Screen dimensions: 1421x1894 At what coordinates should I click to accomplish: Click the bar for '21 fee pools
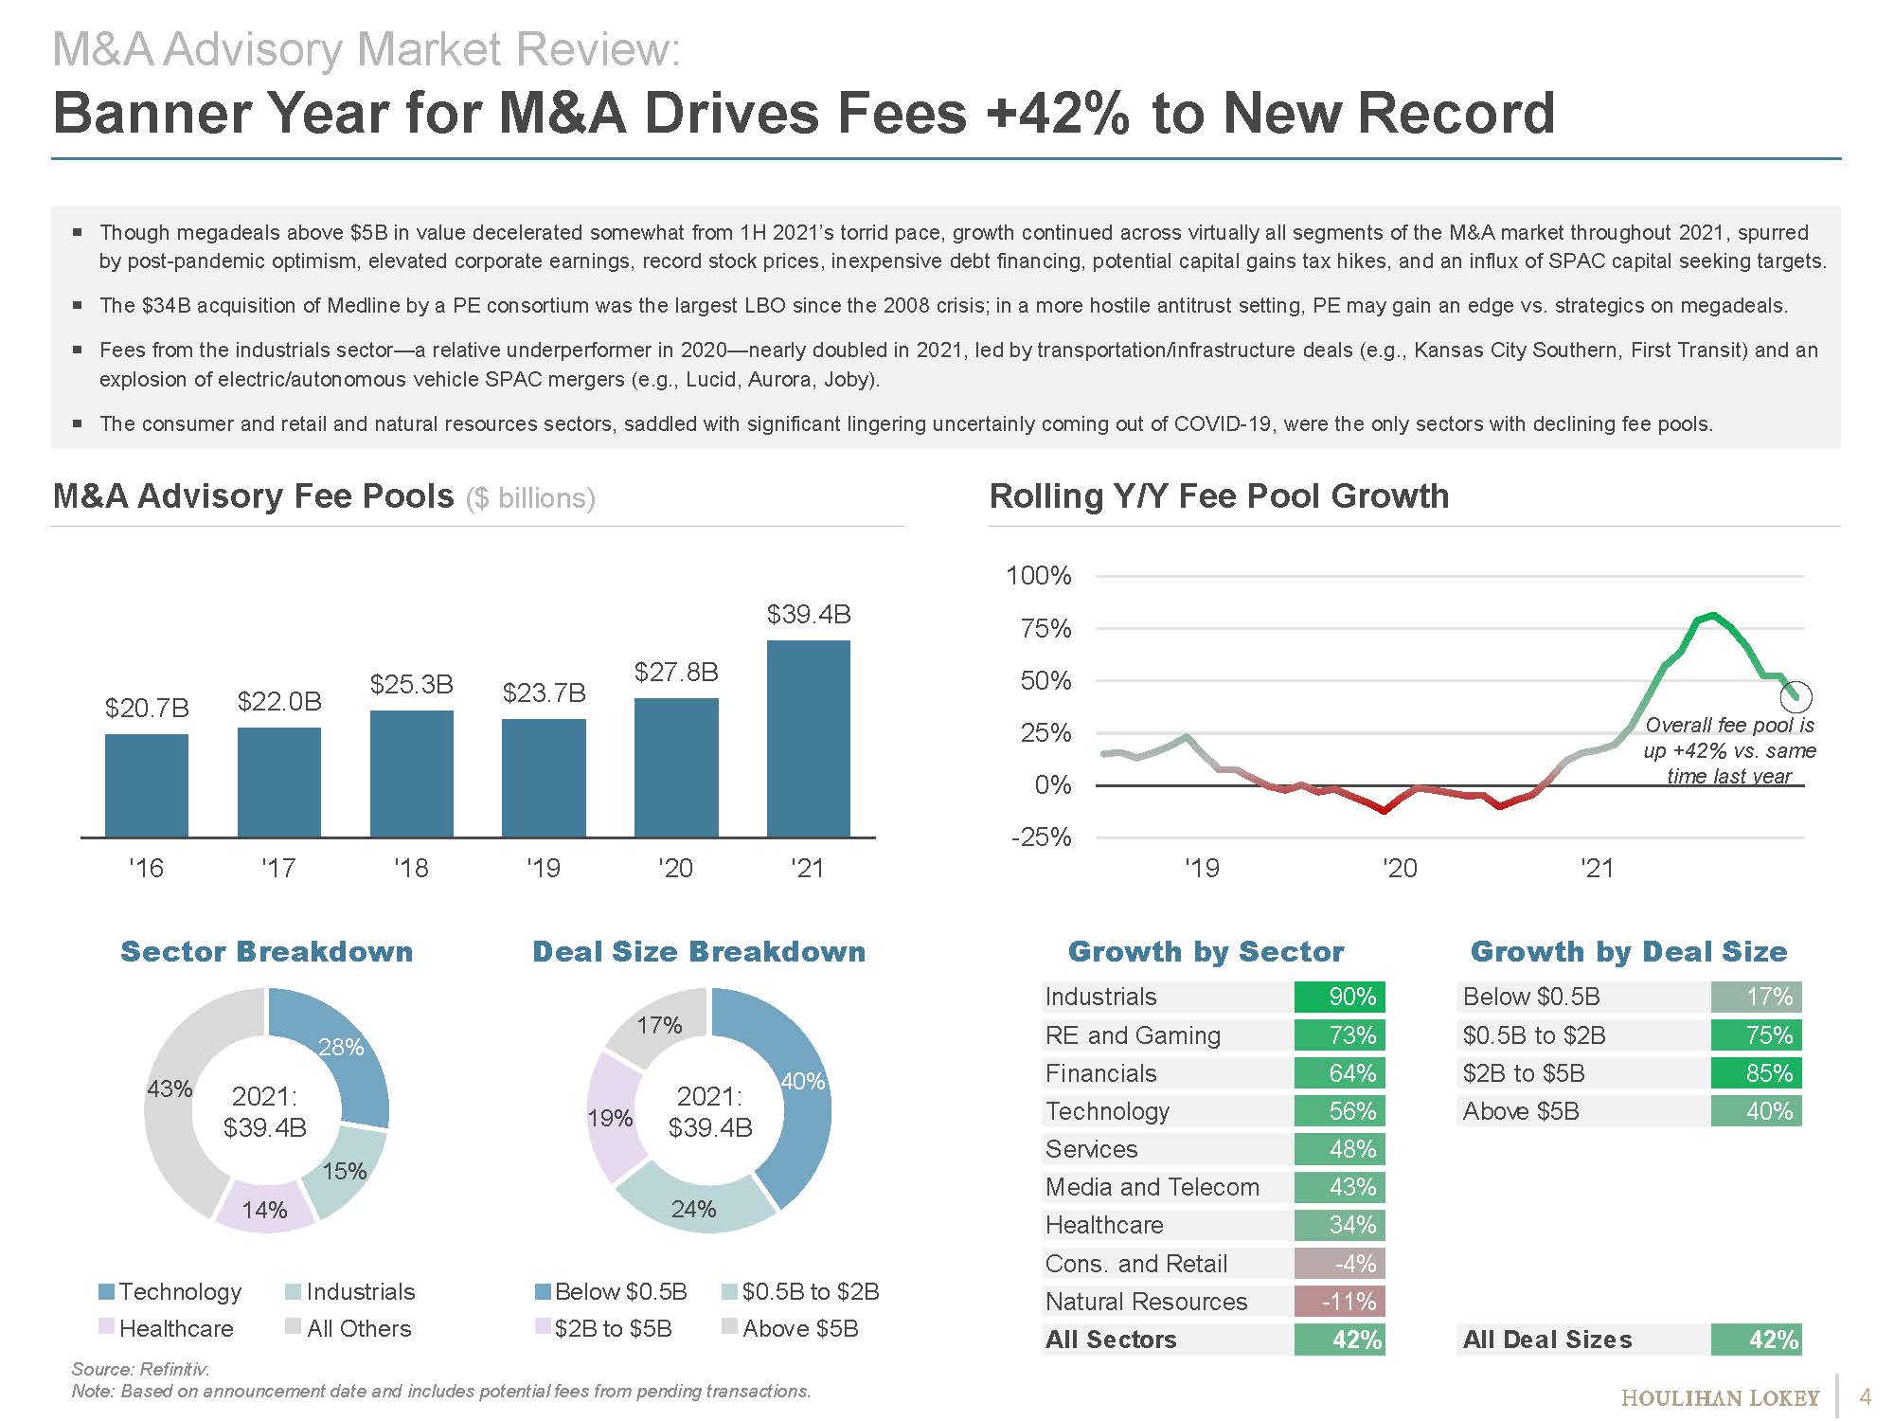click(808, 739)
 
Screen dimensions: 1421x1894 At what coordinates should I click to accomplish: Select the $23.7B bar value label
click(544, 693)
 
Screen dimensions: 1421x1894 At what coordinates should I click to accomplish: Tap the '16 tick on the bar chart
click(146, 868)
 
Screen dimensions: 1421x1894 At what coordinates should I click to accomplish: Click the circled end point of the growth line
click(1796, 697)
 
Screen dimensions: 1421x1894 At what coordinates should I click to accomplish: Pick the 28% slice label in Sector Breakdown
click(341, 1047)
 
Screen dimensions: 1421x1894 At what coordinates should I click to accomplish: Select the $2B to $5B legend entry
click(603, 1328)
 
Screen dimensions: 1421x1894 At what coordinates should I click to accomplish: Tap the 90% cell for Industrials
click(1340, 997)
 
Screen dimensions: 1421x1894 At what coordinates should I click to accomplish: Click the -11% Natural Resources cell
click(1340, 1302)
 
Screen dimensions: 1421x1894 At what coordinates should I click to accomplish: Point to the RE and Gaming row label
click(1133, 1035)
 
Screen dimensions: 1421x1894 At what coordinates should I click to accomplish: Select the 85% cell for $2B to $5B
click(1757, 1073)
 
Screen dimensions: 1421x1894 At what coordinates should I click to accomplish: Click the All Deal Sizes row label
click(1547, 1340)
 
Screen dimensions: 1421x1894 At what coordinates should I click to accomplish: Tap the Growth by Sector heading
click(1206, 951)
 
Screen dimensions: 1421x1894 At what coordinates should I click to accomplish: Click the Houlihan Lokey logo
click(1720, 1398)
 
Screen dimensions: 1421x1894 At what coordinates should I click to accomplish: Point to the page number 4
click(1866, 1396)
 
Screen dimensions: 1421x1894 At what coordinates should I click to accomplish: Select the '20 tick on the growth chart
click(1399, 868)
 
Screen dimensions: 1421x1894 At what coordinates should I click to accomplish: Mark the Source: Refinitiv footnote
click(140, 1369)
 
